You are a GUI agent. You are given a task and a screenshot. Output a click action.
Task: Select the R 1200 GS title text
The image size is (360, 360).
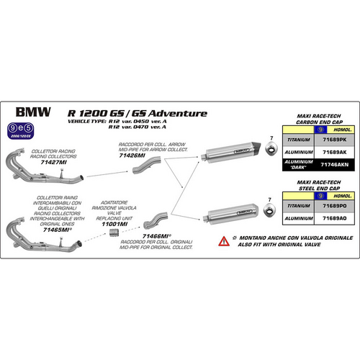[x=136, y=113]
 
